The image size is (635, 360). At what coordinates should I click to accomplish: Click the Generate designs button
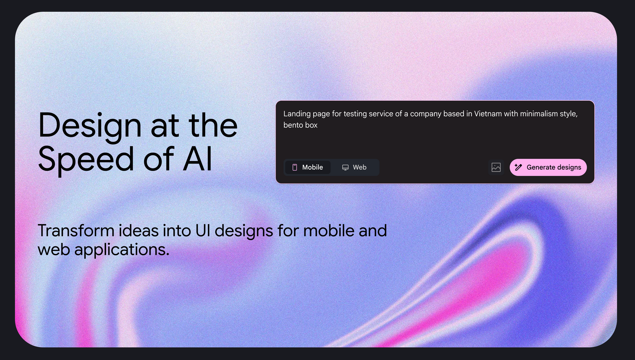pyautogui.click(x=548, y=167)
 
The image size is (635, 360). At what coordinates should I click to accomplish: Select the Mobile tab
pyautogui.click(x=308, y=167)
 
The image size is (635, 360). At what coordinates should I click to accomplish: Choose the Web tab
pyautogui.click(x=354, y=167)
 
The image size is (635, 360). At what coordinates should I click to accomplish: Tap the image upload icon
pyautogui.click(x=496, y=167)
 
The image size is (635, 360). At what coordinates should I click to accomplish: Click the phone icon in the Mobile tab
pyautogui.click(x=295, y=167)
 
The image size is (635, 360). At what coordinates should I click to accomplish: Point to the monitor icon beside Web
pyautogui.click(x=345, y=167)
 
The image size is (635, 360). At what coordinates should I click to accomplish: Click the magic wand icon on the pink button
pyautogui.click(x=518, y=167)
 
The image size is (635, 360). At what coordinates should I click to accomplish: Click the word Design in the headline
pyautogui.click(x=90, y=126)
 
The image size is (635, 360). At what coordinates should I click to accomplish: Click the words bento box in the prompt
pyautogui.click(x=300, y=125)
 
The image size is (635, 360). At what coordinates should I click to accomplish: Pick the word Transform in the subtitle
pyautogui.click(x=76, y=230)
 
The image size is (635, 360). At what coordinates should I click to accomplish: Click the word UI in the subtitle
pyautogui.click(x=203, y=230)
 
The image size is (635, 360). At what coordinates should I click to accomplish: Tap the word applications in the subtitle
pyautogui.click(x=122, y=250)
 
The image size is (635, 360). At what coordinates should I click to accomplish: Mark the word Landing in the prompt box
pyautogui.click(x=297, y=114)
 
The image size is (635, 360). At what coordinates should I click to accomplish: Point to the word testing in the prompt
pyautogui.click(x=354, y=114)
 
